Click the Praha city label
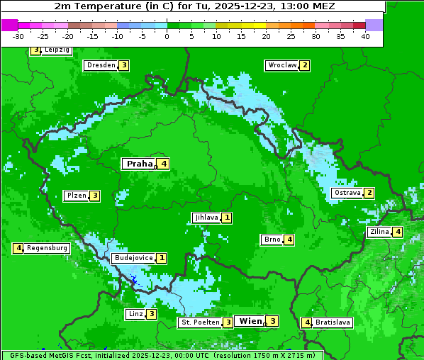[x=139, y=164]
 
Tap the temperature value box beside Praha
[x=164, y=164]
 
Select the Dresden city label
[x=100, y=65]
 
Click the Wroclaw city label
[x=281, y=65]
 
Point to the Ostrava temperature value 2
[x=369, y=193]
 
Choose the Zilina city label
[x=379, y=232]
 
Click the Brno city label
[x=272, y=240]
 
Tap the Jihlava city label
[x=206, y=218]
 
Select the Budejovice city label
[x=133, y=258]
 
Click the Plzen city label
[x=76, y=196]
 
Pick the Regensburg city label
[x=48, y=248]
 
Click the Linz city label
[x=135, y=314]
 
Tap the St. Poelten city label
[x=200, y=322]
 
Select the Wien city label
[x=250, y=321]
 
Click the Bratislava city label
[x=333, y=322]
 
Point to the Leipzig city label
[x=57, y=50]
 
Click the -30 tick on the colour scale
[x=18, y=36]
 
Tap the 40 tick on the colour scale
[x=365, y=36]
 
